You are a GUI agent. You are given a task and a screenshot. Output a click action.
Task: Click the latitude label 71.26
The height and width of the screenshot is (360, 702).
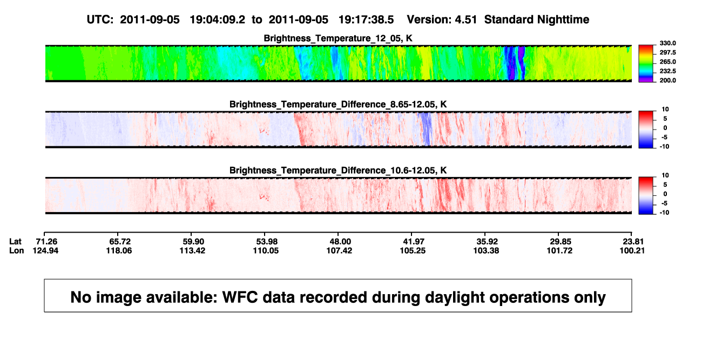(x=46, y=242)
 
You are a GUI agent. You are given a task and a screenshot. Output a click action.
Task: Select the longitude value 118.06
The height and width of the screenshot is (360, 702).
(x=119, y=250)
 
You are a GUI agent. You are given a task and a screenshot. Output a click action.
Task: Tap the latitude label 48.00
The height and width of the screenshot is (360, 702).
(x=340, y=242)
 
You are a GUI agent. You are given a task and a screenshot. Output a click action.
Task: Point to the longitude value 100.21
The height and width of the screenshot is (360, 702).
(x=632, y=250)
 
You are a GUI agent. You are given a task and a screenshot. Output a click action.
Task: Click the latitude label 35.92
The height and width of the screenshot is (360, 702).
(x=487, y=242)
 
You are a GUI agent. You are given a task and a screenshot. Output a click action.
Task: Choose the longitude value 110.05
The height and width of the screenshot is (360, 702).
(x=266, y=250)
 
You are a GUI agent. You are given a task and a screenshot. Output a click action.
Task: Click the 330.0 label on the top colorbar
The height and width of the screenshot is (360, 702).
(x=667, y=43)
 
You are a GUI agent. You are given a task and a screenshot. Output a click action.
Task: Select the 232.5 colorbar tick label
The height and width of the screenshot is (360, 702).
(x=667, y=71)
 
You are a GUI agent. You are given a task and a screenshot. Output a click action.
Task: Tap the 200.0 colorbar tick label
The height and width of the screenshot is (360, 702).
(x=667, y=80)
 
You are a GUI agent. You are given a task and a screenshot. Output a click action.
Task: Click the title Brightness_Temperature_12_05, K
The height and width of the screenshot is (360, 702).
(x=338, y=38)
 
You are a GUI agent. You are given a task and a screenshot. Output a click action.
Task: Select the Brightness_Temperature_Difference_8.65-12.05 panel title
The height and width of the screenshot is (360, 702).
(x=338, y=104)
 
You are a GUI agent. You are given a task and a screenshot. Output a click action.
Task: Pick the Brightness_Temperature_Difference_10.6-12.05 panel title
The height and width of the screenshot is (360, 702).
(x=338, y=171)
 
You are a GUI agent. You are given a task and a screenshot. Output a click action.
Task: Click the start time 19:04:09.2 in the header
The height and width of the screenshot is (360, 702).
(x=217, y=19)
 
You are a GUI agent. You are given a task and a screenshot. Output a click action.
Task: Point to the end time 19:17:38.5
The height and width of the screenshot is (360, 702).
(x=366, y=19)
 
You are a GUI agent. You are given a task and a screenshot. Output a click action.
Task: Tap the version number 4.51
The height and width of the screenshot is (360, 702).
(x=465, y=19)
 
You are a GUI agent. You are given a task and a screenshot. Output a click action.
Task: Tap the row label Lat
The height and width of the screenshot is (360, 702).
(x=15, y=242)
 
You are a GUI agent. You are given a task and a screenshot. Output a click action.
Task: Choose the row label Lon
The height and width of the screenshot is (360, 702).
(x=16, y=250)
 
